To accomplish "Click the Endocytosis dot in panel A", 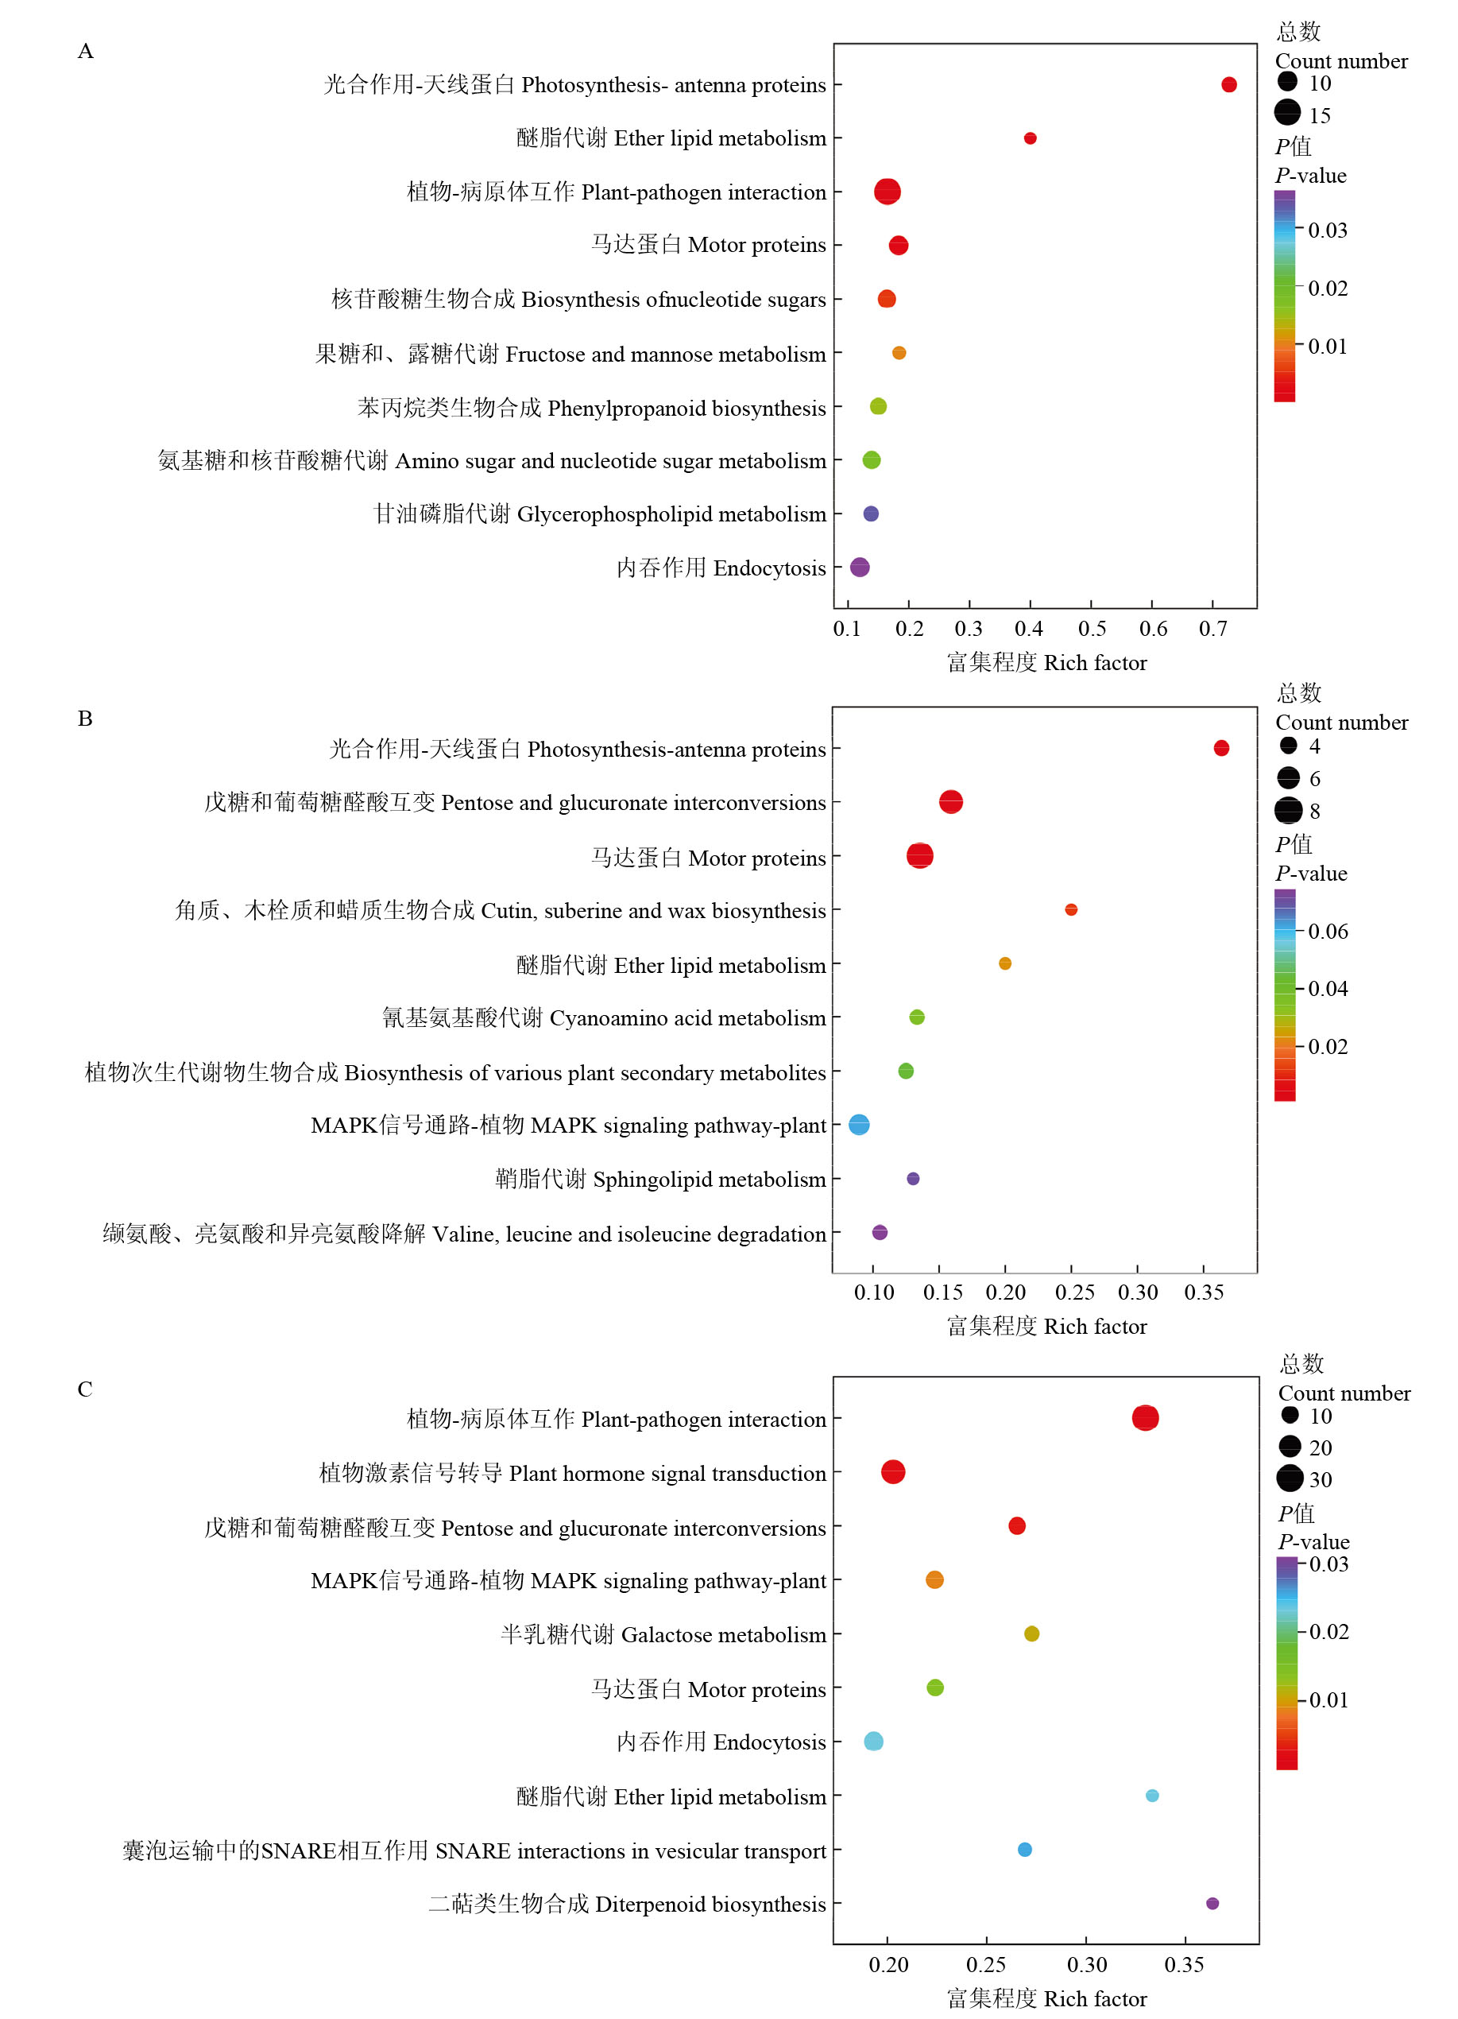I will click(859, 567).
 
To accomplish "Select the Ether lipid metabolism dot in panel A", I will click(1030, 138).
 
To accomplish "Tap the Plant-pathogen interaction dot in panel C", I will click(1145, 1418).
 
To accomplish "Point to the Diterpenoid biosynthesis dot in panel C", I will click(1212, 1903).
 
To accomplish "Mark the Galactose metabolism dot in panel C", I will click(1031, 1633).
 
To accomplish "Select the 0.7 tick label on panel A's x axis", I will click(1212, 630).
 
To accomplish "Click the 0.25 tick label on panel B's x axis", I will click(1074, 1292).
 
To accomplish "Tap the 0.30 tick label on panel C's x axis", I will click(1087, 1965).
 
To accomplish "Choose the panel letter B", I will click(86, 719).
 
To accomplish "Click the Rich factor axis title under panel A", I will click(1046, 663).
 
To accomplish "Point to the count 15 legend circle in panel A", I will click(1287, 113).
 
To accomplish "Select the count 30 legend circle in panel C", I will click(1290, 1478).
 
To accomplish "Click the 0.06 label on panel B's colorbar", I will click(1327, 931).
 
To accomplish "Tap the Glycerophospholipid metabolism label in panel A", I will click(600, 514).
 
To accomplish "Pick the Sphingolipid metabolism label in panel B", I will click(659, 1180).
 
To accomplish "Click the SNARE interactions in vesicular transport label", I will click(474, 1850).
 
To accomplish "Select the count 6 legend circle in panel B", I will click(1288, 778).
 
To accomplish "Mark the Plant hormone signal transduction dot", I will click(893, 1471).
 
